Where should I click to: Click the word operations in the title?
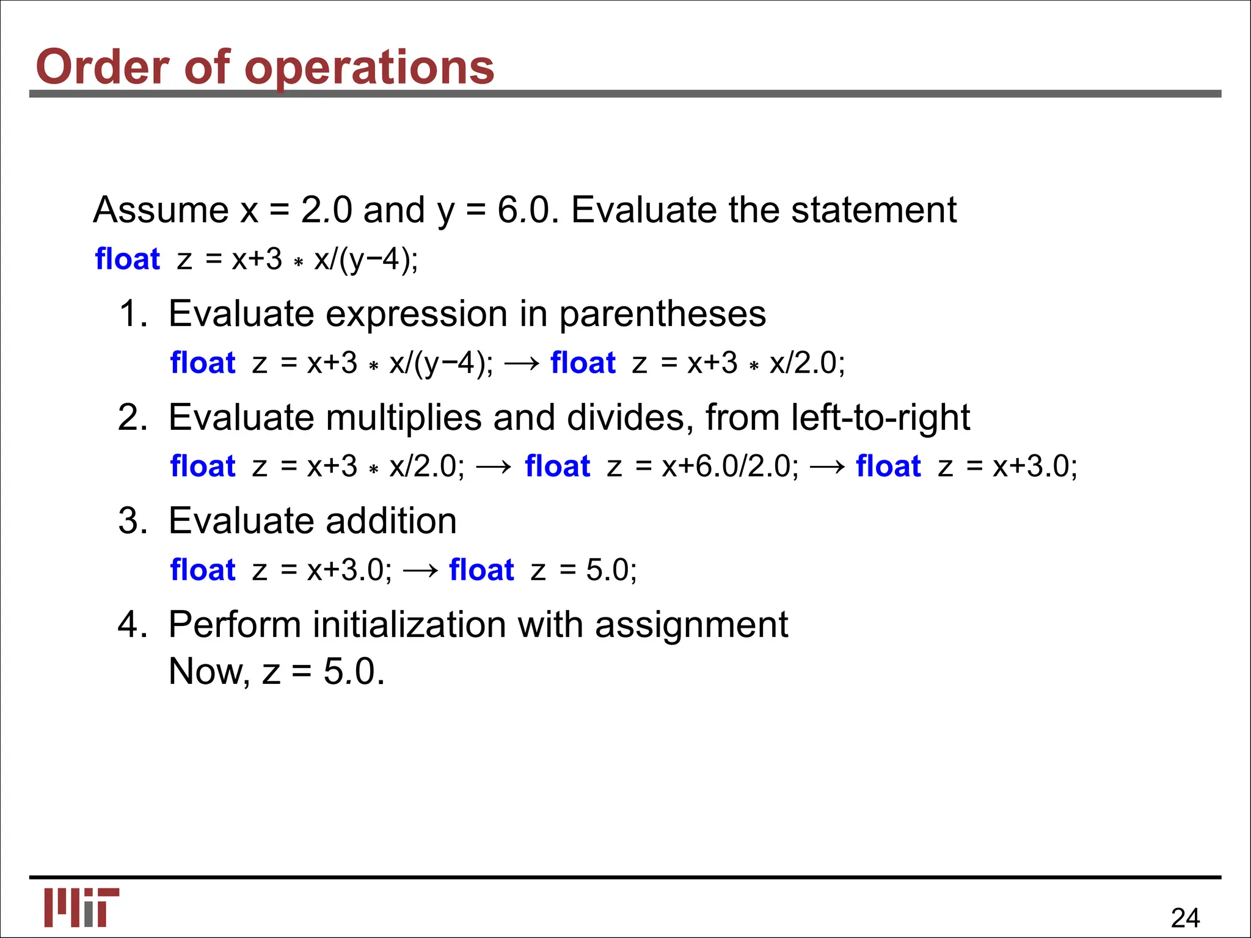369,67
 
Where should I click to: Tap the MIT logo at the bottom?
82,907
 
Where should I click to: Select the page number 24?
1185,918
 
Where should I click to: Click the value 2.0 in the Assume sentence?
326,210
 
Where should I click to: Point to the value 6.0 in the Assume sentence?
523,210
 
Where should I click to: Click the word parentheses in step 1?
662,314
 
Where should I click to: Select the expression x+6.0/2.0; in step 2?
730,467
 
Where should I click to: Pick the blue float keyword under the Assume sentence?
127,259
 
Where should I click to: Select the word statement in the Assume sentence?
874,210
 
